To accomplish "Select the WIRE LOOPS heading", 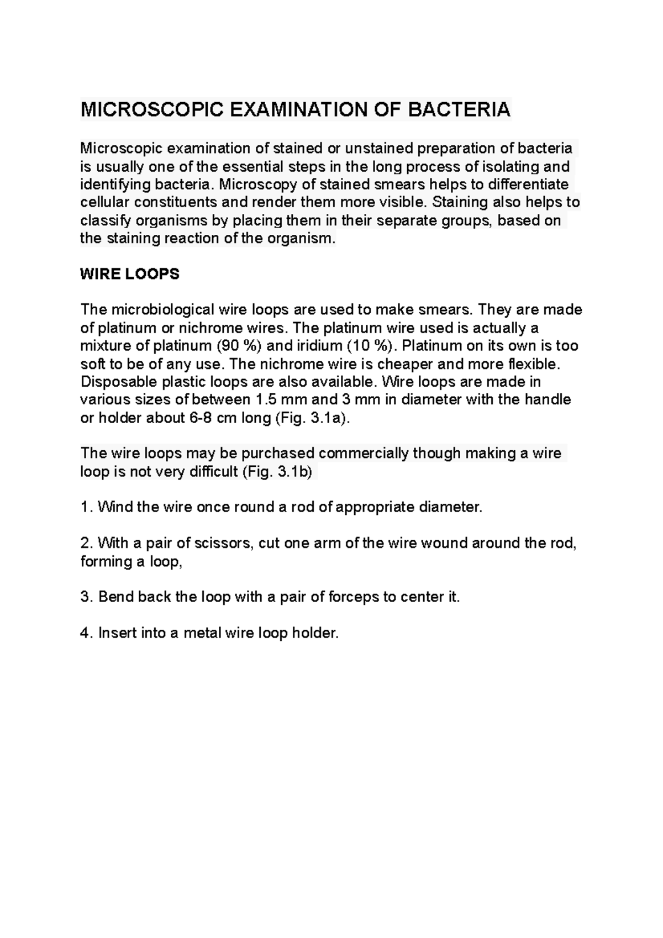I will click(130, 274).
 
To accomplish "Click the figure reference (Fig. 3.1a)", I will click(312, 418).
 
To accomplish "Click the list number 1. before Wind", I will click(86, 507).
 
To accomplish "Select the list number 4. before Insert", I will click(86, 633).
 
